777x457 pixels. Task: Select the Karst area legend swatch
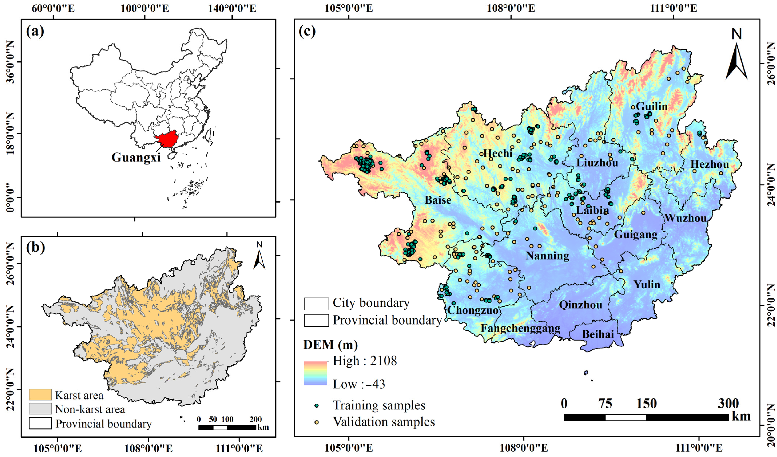point(40,395)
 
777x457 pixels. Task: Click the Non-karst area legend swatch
point(40,409)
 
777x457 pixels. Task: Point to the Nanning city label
point(547,256)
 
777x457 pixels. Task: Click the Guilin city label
point(651,106)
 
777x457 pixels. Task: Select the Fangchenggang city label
point(520,328)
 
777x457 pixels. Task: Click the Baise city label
point(438,200)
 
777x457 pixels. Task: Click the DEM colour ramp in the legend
point(315,373)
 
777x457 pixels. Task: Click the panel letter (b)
point(35,248)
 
